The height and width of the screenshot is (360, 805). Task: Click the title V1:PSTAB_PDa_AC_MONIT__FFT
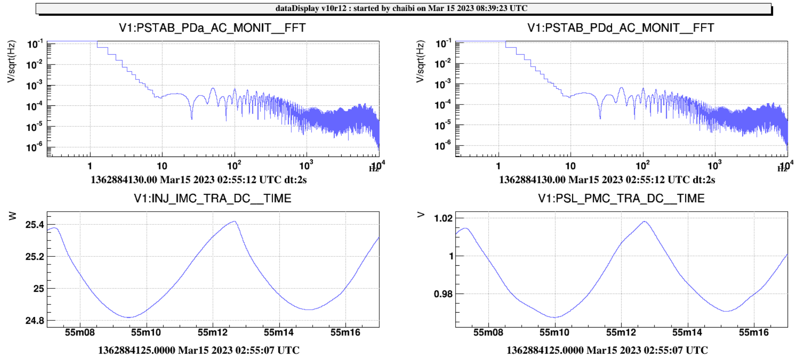pos(212,28)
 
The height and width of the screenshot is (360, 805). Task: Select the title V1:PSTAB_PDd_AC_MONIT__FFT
pos(620,28)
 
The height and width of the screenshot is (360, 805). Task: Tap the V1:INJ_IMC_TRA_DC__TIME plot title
pos(212,199)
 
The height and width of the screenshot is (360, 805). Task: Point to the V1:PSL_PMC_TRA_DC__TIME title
pos(621,199)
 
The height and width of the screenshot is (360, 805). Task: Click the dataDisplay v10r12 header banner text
pos(401,9)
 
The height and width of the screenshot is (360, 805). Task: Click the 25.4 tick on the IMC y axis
pos(35,225)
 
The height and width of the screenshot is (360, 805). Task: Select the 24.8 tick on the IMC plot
pos(35,320)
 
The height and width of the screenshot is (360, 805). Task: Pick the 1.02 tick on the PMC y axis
pos(443,218)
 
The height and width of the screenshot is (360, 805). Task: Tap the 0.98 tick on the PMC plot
pos(443,294)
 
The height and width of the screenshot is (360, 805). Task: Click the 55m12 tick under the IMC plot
pos(212,333)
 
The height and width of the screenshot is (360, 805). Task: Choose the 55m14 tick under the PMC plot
pos(687,333)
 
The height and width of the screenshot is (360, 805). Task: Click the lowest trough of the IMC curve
pos(129,317)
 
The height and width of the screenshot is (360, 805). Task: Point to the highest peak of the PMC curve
pos(644,222)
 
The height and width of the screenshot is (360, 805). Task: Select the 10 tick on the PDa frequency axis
pos(162,166)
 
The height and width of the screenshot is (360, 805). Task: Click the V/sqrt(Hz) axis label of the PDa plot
pos(12,61)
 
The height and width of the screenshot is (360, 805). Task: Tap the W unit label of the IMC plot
pos(12,216)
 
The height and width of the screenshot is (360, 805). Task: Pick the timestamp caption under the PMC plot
pos(607,351)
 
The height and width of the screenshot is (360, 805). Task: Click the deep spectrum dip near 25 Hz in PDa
pos(192,118)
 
